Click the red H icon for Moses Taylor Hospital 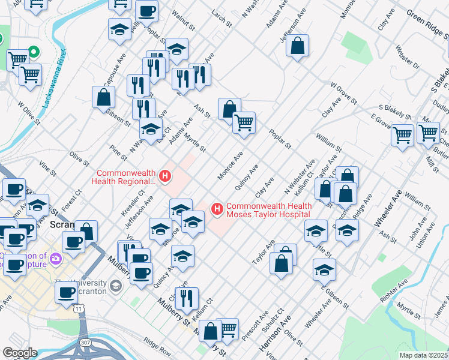[217, 209]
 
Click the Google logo [19, 353]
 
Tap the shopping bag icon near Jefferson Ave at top [297, 46]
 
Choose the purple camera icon [56, 259]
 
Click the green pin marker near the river [34, 53]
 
